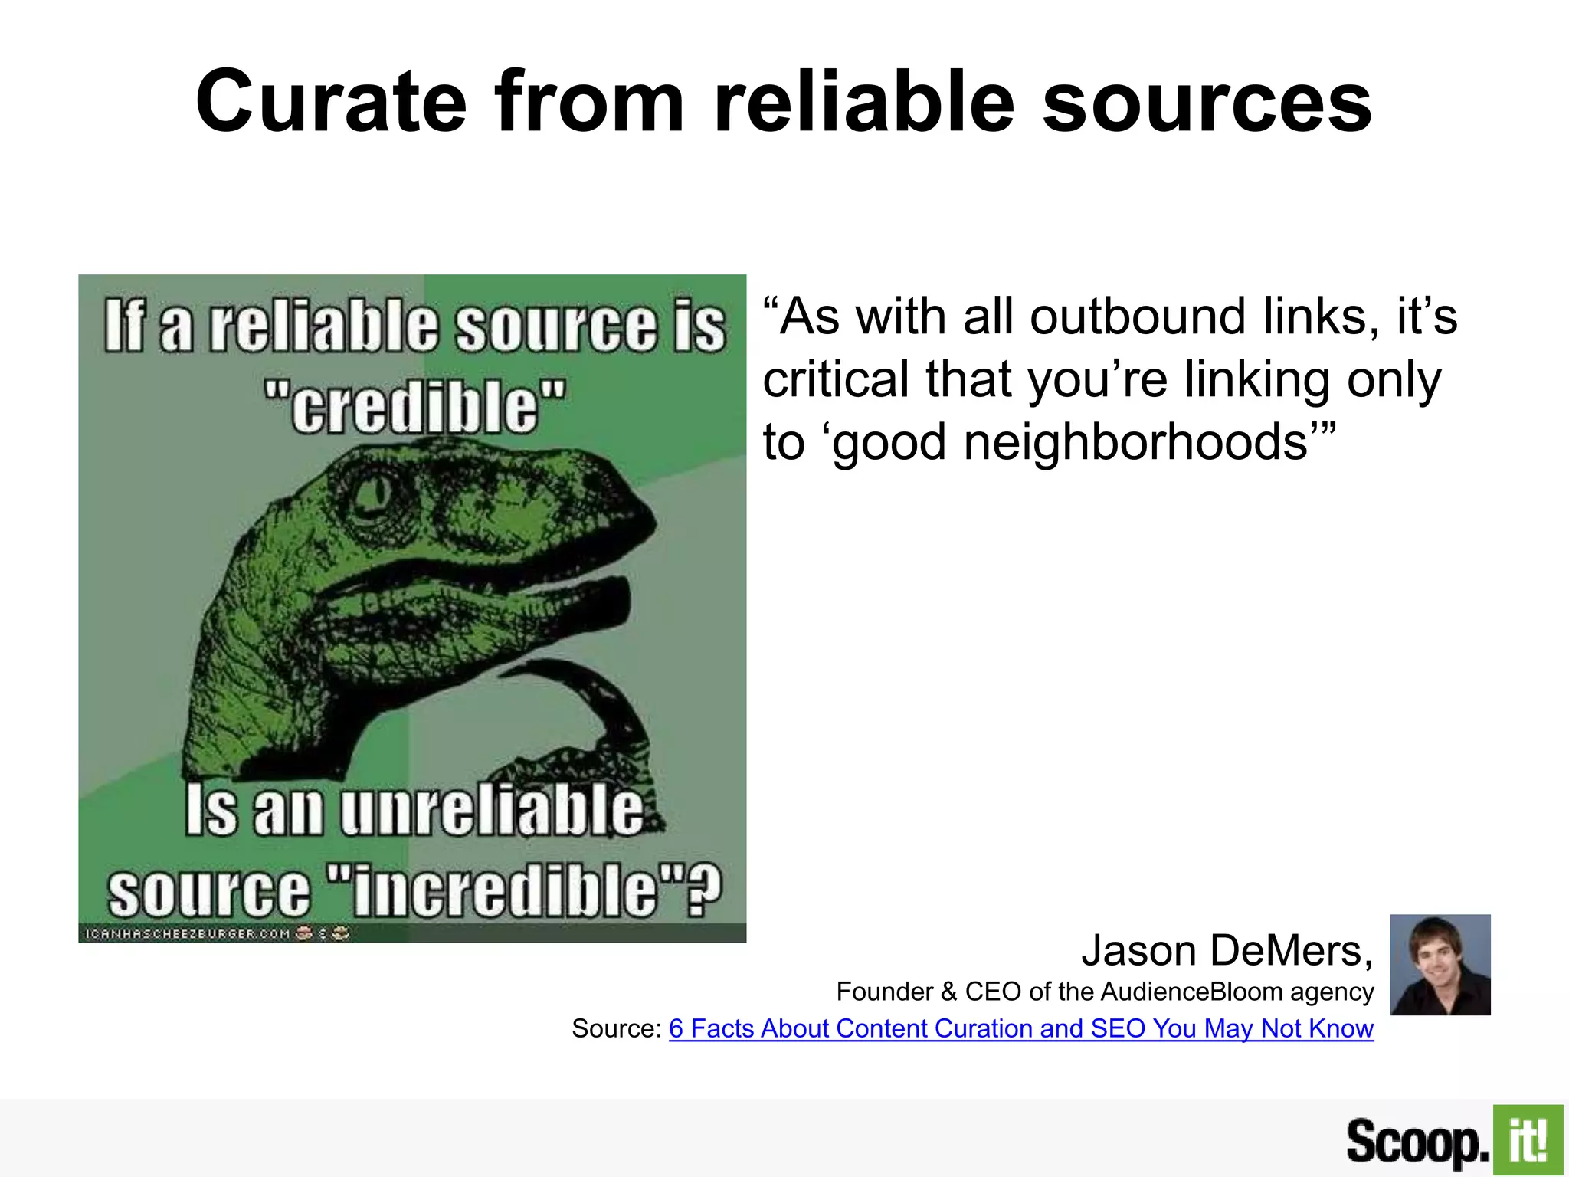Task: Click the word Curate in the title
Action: pos(331,102)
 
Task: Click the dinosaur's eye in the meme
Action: pos(374,494)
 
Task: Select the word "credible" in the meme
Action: pos(414,405)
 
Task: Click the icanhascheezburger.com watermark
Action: pos(188,934)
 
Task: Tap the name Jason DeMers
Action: pos(1227,951)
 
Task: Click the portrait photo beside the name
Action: pos(1440,964)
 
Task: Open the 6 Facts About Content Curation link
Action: pos(1020,1028)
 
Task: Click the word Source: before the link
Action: pos(616,1028)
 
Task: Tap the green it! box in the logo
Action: pos(1528,1140)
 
